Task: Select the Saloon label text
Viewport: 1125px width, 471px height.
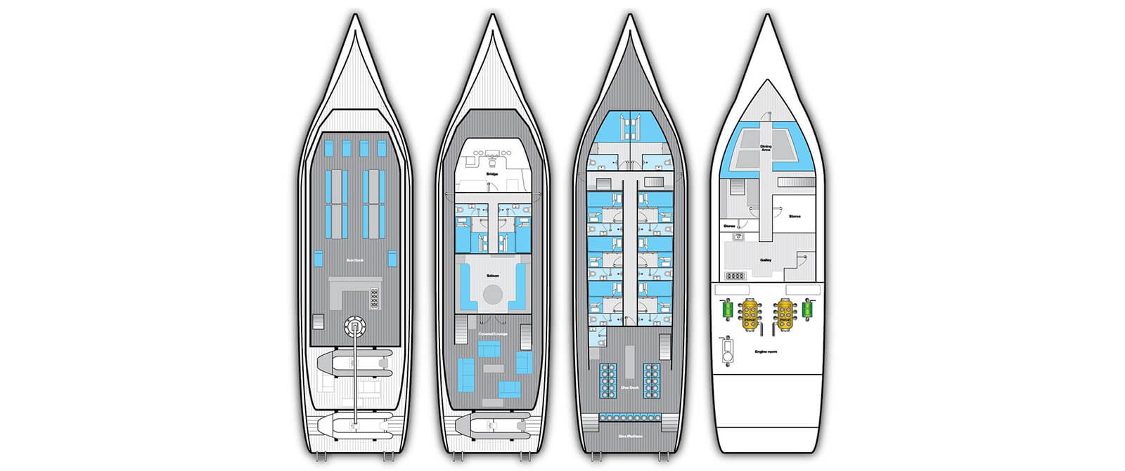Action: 492,276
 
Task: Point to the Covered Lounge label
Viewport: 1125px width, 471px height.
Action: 492,333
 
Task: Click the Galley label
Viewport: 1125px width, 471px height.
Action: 766,259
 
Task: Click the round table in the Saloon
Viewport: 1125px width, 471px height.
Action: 492,292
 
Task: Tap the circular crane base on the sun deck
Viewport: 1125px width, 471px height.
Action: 356,326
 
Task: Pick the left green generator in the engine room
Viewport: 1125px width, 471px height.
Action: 725,309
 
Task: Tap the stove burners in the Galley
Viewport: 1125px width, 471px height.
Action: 735,276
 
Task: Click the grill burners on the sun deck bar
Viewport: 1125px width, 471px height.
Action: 374,298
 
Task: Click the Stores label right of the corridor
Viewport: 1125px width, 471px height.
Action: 795,217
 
